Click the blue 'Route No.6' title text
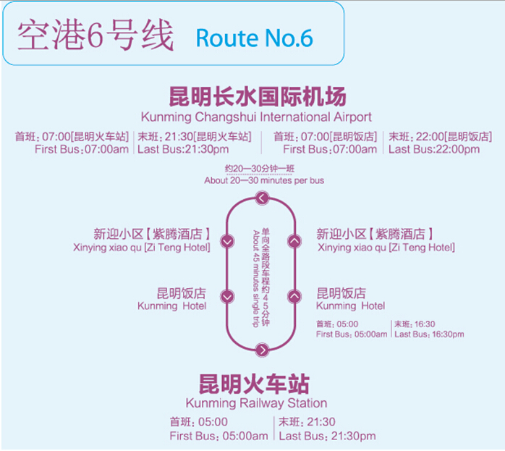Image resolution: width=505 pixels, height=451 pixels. (255, 38)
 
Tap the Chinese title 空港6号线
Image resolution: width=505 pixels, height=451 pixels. (96, 35)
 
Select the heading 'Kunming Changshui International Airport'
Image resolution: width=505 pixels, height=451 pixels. (256, 117)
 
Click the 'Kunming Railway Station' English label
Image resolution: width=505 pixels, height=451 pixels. (256, 403)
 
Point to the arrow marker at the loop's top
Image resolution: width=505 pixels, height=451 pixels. (262, 198)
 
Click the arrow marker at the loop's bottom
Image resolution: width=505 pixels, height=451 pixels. (262, 350)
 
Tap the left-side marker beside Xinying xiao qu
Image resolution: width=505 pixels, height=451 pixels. (227, 241)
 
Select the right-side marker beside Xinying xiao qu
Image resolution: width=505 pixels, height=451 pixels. (294, 241)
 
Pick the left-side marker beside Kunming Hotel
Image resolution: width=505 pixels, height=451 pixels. (227, 296)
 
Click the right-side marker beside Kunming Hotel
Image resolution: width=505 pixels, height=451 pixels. (294, 296)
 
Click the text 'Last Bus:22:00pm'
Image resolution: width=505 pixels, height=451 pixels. (434, 149)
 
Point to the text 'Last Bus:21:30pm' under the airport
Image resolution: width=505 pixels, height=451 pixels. (183, 149)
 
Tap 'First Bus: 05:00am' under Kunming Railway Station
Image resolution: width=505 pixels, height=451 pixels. (219, 436)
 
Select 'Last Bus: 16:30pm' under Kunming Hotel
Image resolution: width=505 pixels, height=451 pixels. (429, 334)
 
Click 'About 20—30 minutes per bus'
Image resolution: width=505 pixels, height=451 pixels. (264, 180)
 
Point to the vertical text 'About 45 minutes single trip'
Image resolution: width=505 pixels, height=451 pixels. (256, 279)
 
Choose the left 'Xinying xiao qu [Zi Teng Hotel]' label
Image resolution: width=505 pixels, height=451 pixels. (142, 248)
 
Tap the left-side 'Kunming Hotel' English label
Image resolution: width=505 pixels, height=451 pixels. (172, 305)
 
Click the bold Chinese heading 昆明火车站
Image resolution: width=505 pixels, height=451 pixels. (254, 384)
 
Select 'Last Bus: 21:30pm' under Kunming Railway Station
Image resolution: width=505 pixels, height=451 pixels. (328, 436)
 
